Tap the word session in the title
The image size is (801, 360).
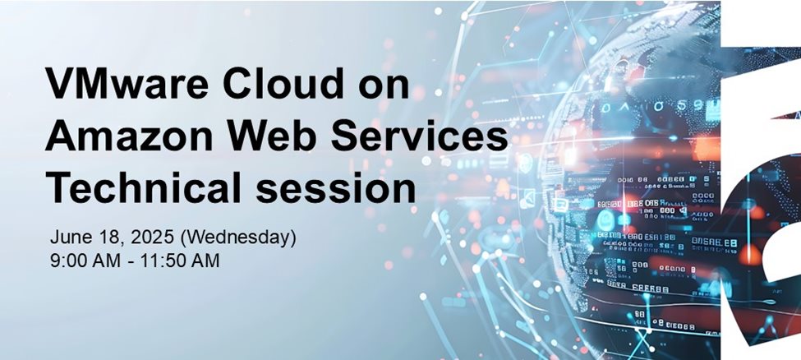pos(345,189)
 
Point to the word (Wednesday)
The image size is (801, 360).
pos(237,238)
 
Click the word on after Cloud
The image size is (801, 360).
pos(385,86)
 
